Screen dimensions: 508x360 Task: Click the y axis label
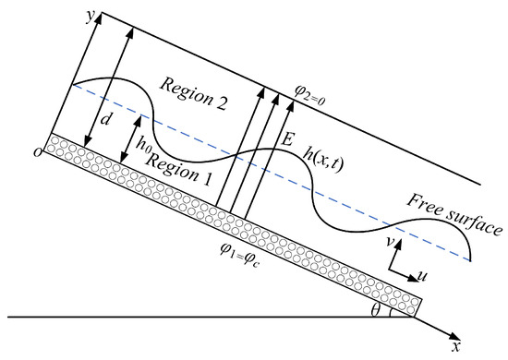91,17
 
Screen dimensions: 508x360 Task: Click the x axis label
456,347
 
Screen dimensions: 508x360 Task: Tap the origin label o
38,152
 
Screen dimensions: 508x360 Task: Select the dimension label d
105,119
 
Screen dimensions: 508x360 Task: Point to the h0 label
143,143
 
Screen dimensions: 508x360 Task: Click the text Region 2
193,94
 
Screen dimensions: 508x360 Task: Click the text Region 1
179,169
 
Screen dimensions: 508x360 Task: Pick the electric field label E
286,140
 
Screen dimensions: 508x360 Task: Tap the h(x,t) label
322,161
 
